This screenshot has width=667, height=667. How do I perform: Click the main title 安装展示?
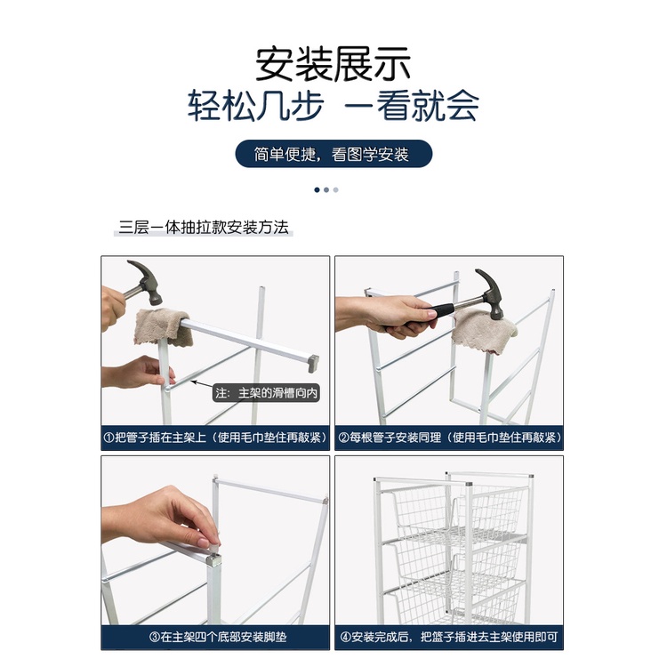coord(333,64)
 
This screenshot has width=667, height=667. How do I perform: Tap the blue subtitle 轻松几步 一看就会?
coord(333,105)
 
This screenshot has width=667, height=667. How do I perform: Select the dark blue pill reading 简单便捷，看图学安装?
coord(333,154)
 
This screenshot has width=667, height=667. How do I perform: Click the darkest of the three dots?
coord(317,189)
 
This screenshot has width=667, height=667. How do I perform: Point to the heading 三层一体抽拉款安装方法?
coord(204,227)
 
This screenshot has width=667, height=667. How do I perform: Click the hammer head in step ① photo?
coord(147,282)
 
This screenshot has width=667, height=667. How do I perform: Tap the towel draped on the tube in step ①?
coord(163,327)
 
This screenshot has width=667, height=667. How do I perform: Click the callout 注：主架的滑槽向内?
coord(266,392)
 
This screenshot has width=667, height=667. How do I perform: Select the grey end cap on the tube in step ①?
coord(314,364)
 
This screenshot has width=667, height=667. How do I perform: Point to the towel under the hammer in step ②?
coord(484,331)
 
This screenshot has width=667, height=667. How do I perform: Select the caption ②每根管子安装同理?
coord(390,438)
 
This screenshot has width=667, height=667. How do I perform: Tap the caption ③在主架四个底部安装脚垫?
coord(218,637)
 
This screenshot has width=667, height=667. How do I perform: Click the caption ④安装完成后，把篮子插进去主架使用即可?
coord(449,637)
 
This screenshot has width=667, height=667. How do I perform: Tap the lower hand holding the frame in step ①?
coord(138,373)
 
